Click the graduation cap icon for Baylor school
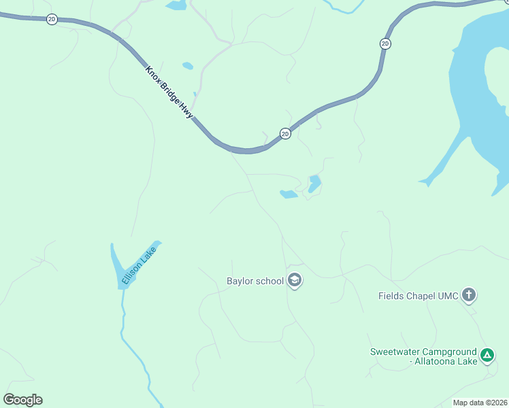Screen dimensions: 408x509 (295, 280)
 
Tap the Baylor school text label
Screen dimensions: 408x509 (255, 281)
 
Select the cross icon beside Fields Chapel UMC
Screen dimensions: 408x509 (468, 295)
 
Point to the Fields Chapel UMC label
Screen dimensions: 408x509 (418, 296)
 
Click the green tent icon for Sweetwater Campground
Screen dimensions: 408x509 (487, 355)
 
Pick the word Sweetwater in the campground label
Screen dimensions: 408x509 (393, 352)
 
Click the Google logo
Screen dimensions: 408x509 (22, 400)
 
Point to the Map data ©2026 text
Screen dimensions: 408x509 (480, 403)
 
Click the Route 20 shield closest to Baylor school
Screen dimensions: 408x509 (285, 133)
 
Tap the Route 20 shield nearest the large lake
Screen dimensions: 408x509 (385, 44)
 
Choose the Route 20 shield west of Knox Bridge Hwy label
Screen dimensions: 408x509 (52, 19)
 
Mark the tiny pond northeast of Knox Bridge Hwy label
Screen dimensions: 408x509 (187, 66)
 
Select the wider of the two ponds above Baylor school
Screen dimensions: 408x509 (289, 194)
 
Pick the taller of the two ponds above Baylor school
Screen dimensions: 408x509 (314, 184)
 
